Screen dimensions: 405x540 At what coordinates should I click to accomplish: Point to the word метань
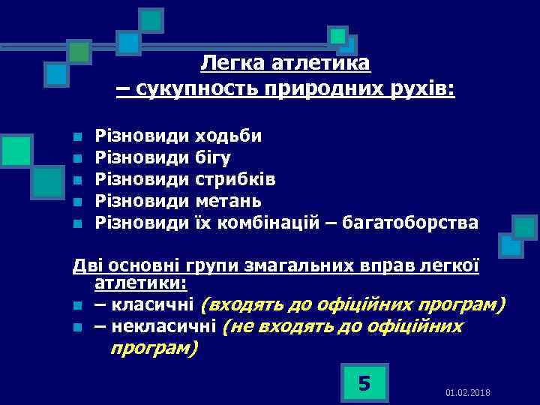click(228, 201)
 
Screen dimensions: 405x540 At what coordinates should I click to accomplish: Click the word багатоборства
click(409, 223)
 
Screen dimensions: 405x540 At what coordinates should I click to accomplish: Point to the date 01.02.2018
click(468, 393)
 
